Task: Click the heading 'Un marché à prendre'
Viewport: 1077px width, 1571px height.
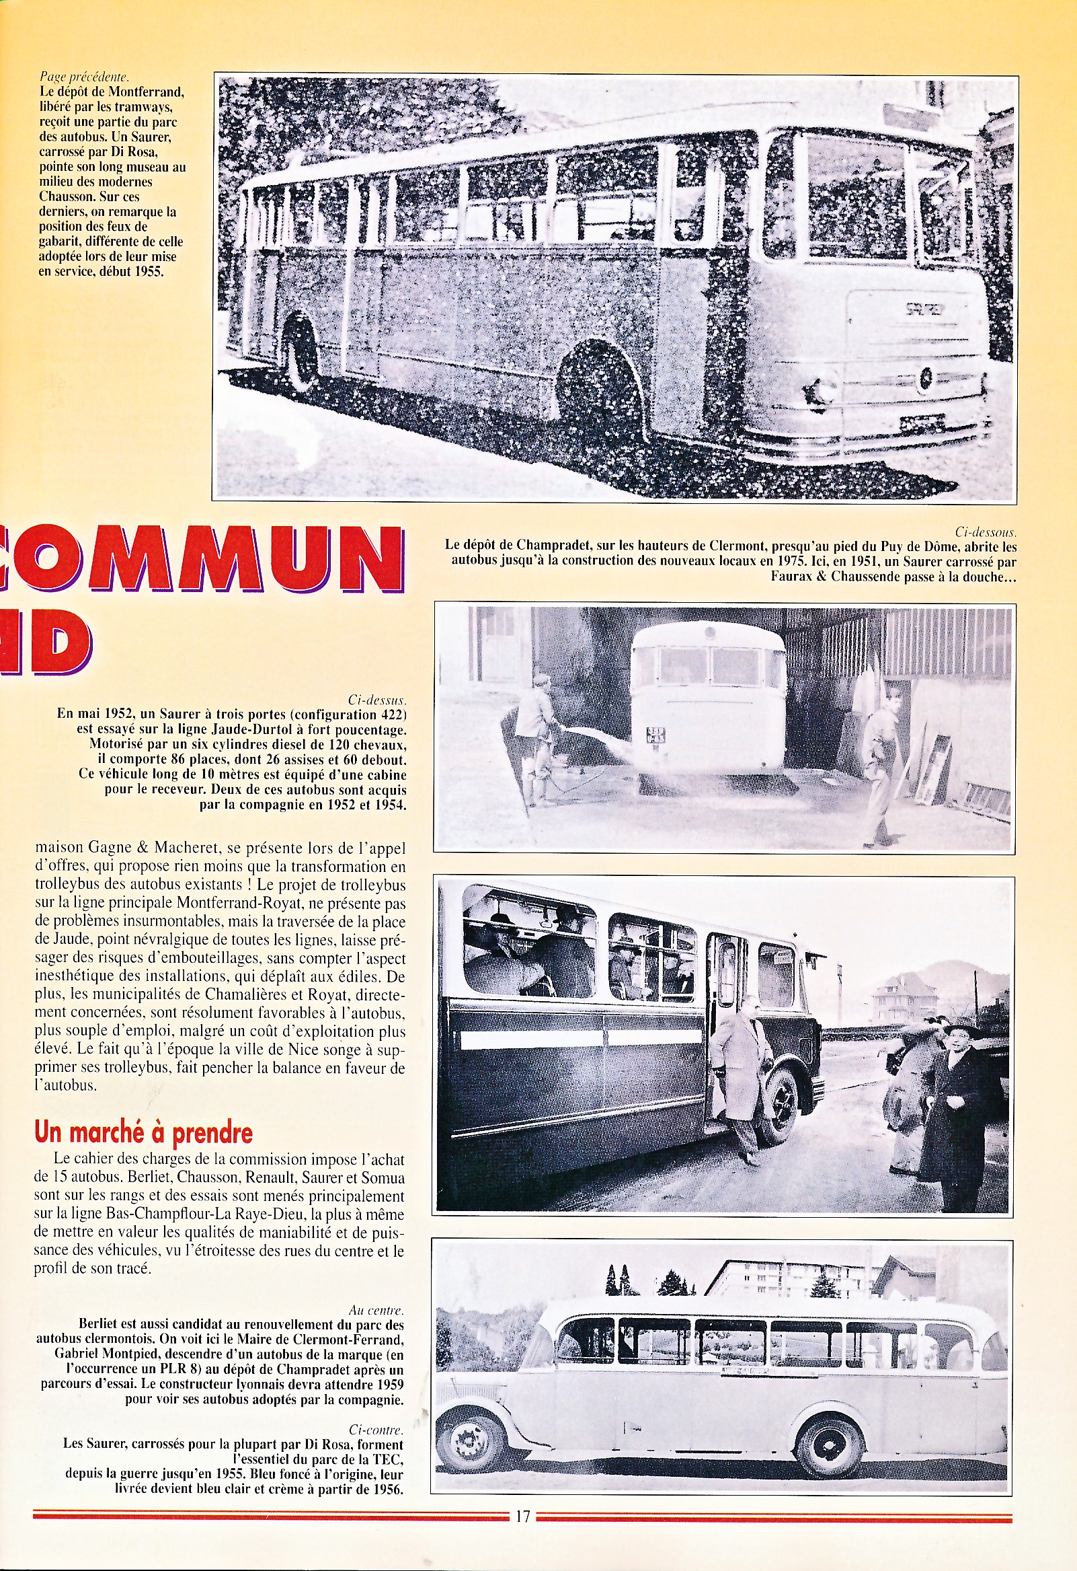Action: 143,1132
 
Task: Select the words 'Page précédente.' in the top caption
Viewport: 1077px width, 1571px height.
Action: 84,77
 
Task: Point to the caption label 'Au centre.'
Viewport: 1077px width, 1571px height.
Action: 376,1310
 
